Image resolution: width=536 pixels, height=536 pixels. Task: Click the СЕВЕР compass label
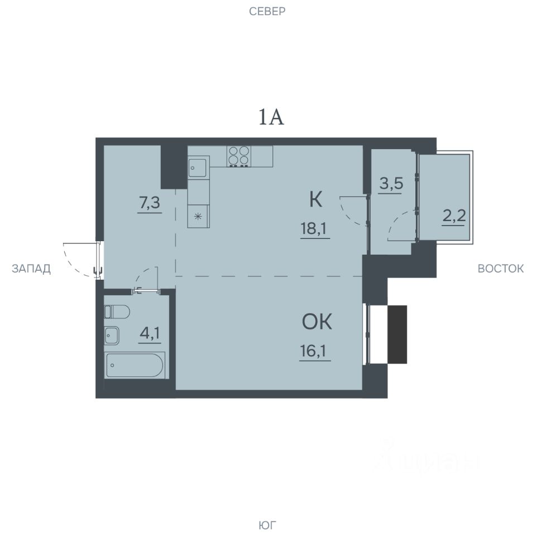pos(267,12)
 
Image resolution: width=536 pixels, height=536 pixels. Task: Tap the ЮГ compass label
pos(267,525)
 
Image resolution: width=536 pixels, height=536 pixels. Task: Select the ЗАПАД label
pos(31,269)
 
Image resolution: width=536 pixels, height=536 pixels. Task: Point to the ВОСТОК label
pos(500,269)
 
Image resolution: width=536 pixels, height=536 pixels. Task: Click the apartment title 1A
pos(271,117)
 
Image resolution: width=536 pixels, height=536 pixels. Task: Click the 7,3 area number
pos(150,203)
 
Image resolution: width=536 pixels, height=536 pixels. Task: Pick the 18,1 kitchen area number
pos(315,228)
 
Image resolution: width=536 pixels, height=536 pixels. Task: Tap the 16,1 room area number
pos(314,351)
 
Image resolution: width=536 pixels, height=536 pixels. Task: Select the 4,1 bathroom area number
pos(150,333)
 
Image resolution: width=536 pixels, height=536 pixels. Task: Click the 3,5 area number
pos(391,184)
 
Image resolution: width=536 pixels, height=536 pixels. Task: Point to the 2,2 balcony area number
pos(454,216)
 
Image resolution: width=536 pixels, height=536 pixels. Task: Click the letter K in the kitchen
pos(315,200)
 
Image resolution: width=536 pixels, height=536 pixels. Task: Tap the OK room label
pos(317,322)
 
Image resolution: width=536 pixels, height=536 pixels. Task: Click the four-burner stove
pos(238,156)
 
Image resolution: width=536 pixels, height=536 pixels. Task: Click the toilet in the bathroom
pos(117,312)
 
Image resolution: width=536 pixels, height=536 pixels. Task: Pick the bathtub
pos(135,365)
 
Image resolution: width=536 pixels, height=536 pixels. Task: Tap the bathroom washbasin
pos(112,336)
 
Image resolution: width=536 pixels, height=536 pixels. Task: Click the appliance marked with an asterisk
pos(198,217)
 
